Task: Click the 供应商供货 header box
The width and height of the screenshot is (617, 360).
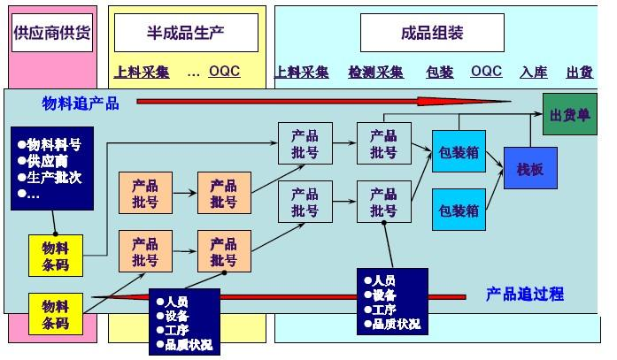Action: pos(52,34)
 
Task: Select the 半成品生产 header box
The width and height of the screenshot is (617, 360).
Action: pos(185,34)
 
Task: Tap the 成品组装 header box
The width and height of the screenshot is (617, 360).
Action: pos(432,34)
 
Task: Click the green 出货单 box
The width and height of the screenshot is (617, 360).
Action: pos(570,116)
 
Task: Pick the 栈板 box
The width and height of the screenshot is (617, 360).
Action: pos(530,168)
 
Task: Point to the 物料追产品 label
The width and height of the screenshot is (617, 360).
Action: pos(81,103)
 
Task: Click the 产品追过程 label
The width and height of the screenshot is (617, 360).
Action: pos(525,294)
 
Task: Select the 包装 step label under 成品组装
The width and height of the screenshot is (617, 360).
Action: pos(439,73)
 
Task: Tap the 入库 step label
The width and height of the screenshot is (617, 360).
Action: pos(534,73)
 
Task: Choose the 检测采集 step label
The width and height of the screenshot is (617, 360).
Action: pos(375,73)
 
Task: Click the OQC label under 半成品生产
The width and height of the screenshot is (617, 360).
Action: pos(224,72)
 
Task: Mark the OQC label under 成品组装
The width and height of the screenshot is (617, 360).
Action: pos(486,72)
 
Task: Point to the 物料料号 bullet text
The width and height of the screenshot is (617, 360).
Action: pos(54,144)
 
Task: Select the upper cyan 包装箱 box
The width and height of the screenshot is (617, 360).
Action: pos(459,153)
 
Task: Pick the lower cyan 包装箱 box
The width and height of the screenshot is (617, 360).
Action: pos(459,211)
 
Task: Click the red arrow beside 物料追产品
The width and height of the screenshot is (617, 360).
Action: pos(336,103)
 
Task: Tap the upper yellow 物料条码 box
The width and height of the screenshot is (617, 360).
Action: pos(55,256)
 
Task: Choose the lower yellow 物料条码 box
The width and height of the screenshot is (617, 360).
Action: pos(55,314)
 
